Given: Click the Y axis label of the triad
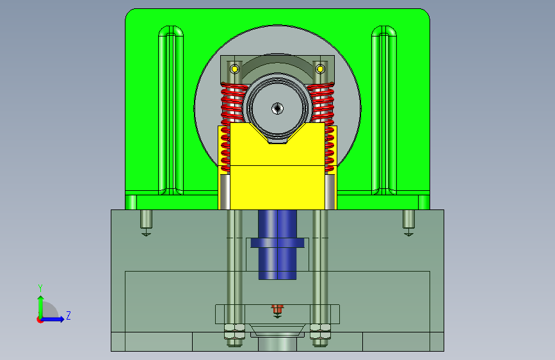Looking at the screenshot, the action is (x=40, y=288).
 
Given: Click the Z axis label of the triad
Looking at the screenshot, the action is (x=68, y=315).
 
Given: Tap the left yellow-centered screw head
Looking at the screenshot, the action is (x=234, y=69).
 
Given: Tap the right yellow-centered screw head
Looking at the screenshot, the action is (x=320, y=69).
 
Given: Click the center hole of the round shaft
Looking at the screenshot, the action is (x=278, y=108).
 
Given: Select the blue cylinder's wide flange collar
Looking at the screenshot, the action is (x=278, y=243).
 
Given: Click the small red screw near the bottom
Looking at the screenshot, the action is (x=278, y=309).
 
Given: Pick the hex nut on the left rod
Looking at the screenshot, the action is (x=234, y=332).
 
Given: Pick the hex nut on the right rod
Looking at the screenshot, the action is (x=320, y=332).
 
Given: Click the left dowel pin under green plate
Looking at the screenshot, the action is (x=146, y=220).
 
